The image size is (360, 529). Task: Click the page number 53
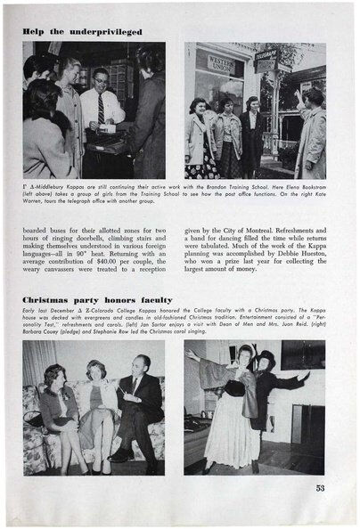pos(319,487)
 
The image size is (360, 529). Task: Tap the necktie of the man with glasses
pos(101,111)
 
